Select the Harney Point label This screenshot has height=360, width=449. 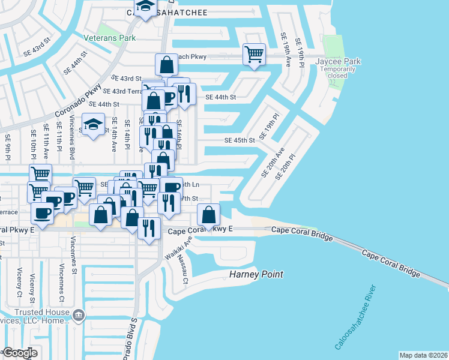click(256, 275)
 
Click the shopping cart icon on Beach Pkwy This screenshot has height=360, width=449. click(254, 55)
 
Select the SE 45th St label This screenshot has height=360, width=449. click(240, 140)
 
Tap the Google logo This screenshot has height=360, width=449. click(20, 353)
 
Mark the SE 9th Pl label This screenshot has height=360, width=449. click(8, 146)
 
